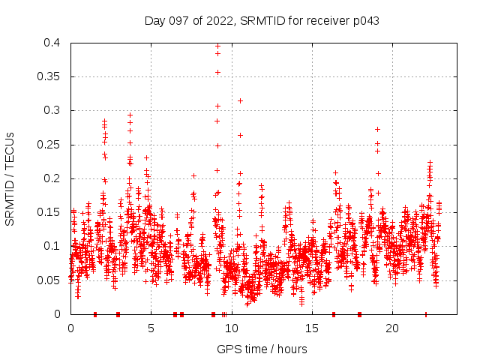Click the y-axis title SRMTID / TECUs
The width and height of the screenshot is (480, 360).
point(10,178)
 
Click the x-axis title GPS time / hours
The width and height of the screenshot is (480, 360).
point(262,349)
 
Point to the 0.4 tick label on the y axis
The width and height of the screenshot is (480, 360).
point(52,43)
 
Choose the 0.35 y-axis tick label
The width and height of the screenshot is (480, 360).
point(49,76)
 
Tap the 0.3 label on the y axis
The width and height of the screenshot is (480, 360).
point(52,110)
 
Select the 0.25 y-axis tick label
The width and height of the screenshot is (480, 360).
point(49,145)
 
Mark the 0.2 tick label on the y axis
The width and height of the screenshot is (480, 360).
point(52,178)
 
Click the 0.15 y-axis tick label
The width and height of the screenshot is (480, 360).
point(49,212)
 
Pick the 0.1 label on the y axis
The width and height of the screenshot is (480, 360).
point(52,246)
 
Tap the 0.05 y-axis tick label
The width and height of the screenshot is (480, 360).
point(49,280)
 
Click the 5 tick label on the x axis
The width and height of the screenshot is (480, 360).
point(151,328)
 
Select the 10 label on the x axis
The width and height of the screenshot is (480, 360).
point(231,328)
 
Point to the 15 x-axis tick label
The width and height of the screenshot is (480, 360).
point(311,328)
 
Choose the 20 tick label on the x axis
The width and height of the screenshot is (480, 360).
point(391,328)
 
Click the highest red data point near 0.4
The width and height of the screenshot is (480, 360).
point(217,46)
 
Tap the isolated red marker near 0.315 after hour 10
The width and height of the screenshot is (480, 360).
point(240,100)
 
